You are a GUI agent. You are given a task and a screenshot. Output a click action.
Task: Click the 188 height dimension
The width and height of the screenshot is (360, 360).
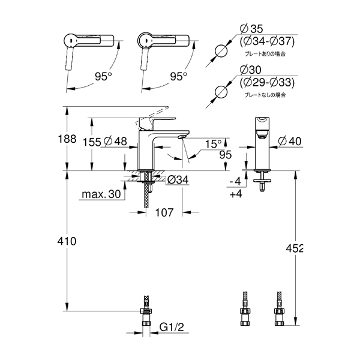(x=67, y=139)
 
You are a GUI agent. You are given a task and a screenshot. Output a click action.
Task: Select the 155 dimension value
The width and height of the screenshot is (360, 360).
(x=92, y=142)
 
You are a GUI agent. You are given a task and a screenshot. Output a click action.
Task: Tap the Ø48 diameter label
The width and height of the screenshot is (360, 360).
(x=115, y=141)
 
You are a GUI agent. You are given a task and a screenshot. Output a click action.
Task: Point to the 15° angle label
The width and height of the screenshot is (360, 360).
(x=213, y=144)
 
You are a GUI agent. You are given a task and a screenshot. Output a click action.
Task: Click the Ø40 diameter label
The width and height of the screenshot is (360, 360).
(x=290, y=141)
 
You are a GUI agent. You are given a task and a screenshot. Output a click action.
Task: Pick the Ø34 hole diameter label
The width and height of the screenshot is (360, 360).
(x=178, y=179)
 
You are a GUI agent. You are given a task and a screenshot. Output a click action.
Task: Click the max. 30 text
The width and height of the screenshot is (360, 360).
(x=101, y=194)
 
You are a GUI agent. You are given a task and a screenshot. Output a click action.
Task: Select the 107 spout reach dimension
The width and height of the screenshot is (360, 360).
(x=164, y=212)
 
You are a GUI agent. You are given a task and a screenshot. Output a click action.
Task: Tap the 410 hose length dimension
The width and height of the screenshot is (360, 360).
(x=67, y=241)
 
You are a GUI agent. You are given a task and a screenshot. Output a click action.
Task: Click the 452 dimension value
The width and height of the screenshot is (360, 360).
(x=295, y=248)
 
